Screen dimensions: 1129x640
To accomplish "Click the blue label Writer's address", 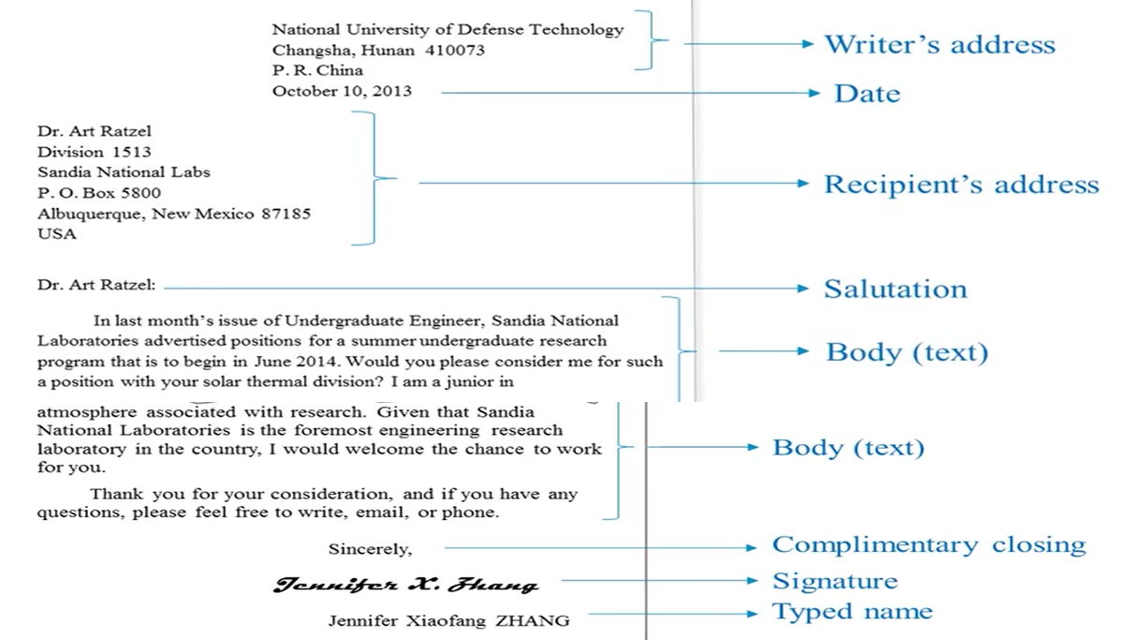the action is (940, 44).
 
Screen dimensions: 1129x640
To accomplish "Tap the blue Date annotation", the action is (868, 94).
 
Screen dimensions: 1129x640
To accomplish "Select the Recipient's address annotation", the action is (961, 185).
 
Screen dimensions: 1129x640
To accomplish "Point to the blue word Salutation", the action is (896, 289).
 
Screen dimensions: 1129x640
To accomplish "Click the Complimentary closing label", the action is (929, 545).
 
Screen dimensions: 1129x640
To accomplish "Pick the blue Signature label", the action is (835, 580).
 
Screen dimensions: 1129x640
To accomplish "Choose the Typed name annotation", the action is (852, 611).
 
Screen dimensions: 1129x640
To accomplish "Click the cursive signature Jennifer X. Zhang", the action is (406, 585).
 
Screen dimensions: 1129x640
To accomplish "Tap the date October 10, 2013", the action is (342, 91).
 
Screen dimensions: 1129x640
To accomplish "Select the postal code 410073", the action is (455, 50).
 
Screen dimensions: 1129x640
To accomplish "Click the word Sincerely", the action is (371, 549).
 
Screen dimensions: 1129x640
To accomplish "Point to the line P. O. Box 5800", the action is (99, 193).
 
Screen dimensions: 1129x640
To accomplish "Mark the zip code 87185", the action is (286, 214).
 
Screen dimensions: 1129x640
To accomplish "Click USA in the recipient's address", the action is (57, 234).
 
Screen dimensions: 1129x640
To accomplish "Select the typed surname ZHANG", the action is (533, 620).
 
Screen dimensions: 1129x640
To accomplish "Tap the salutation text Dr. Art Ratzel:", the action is (96, 285).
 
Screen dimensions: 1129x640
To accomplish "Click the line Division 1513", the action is (95, 152).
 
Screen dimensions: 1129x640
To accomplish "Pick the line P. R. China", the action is (317, 70).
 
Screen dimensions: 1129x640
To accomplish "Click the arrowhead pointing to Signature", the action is (752, 580).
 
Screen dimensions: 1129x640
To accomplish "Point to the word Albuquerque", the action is (91, 215).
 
